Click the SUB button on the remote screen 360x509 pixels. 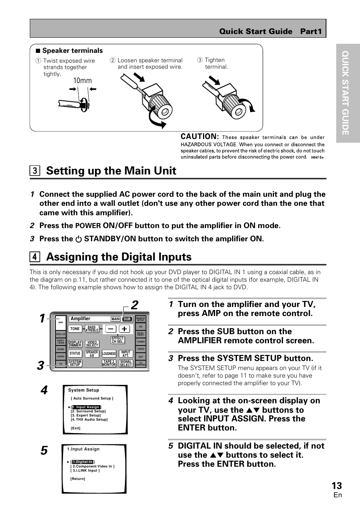coord(127,319)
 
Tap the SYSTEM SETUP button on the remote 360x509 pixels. coord(75,363)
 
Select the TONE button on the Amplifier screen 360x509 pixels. coord(75,329)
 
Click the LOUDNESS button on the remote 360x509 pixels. coord(109,354)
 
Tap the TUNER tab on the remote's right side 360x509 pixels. coord(141,341)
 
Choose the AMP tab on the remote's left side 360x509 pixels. coord(60,322)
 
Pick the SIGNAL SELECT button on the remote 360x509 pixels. coord(126,363)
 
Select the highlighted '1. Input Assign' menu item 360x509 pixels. coord(86,407)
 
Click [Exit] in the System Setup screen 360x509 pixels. coord(75,428)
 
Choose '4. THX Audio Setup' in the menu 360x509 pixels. coord(89,420)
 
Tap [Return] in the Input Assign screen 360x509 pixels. coord(78,479)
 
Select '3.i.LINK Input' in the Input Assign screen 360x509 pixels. coord(85,470)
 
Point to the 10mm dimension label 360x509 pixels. coord(83,81)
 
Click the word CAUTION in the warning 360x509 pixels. coord(200,137)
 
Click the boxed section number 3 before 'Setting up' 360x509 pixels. coord(34,171)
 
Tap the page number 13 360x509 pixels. coord(337,486)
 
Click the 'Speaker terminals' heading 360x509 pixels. coord(72,51)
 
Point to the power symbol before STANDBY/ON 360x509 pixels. coord(78,239)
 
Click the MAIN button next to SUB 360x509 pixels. coord(115,319)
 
